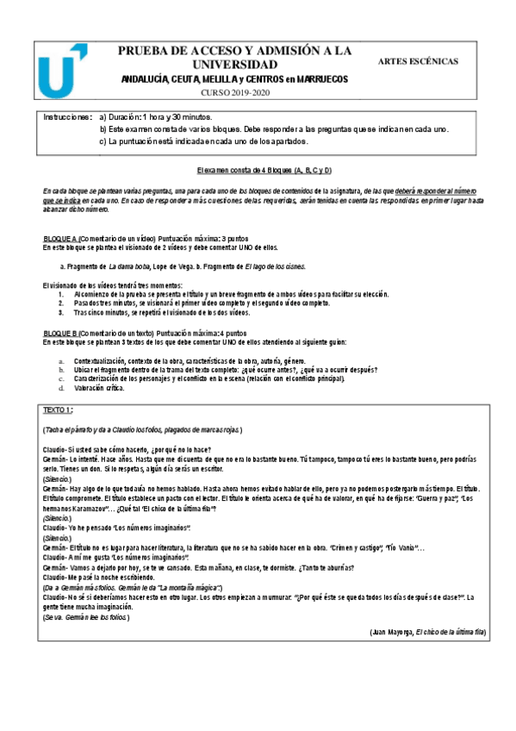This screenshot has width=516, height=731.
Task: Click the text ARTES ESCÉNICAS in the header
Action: pyautogui.click(x=418, y=61)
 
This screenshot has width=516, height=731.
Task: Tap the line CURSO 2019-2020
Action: pyautogui.click(x=235, y=92)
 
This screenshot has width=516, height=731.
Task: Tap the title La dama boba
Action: pyautogui.click(x=131, y=267)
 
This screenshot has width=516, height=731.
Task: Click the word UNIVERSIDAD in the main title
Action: pyautogui.click(x=234, y=65)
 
